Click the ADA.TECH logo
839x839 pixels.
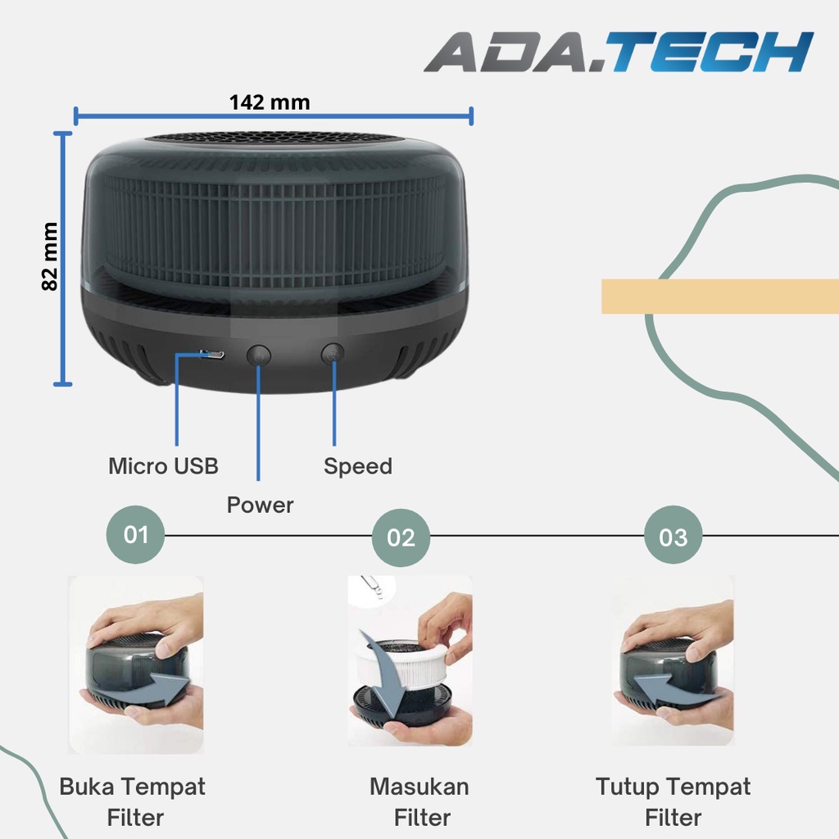point(619,52)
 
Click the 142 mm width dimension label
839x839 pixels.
point(270,102)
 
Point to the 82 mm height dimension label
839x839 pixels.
point(51,256)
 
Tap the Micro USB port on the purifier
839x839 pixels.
point(212,355)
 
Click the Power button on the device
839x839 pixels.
point(259,356)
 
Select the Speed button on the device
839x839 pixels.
point(333,354)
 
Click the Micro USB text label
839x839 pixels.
point(163,466)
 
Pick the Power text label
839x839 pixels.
point(260,505)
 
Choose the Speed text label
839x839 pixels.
point(357,466)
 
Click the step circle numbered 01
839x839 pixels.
point(135,535)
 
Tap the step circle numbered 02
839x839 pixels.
point(401,537)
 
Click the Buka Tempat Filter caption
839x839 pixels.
point(133,802)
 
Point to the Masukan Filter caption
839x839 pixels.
point(419,802)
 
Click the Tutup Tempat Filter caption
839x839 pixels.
point(673,802)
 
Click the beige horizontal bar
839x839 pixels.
point(719,296)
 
